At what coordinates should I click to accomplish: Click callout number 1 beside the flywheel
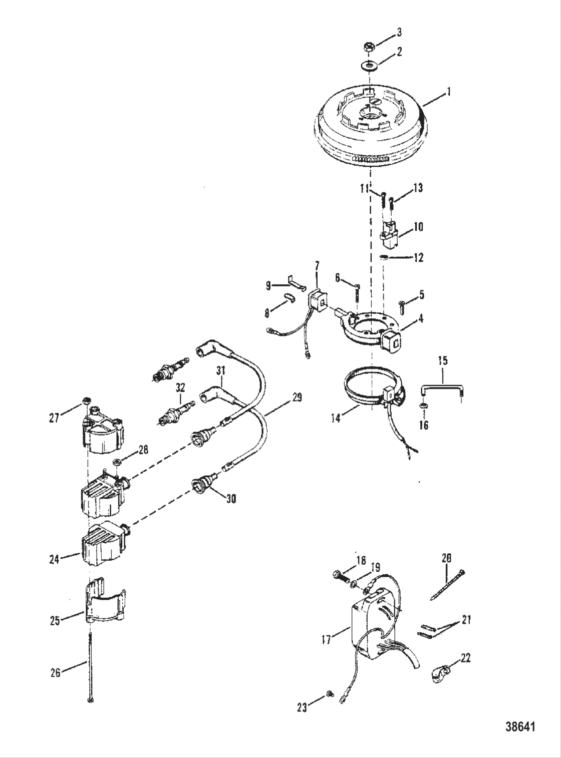click(449, 92)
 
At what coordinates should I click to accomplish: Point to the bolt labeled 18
click(340, 577)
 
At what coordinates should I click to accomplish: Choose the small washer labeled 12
click(384, 257)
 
